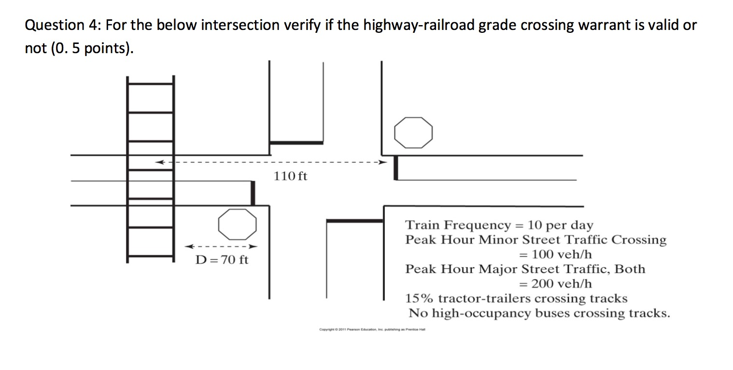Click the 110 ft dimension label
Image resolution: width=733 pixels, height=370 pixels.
pos(290,176)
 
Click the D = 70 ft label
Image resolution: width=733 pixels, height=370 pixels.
pos(222,260)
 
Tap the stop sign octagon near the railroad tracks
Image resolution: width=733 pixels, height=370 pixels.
pos(236,224)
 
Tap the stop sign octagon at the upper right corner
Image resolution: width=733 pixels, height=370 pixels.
pos(413,132)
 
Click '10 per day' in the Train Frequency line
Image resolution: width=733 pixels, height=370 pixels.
pos(561,225)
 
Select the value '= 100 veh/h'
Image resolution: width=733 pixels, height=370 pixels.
pos(555,254)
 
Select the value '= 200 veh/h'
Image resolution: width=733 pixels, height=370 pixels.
pos(555,284)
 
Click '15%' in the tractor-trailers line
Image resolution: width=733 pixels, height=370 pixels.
pos(420,299)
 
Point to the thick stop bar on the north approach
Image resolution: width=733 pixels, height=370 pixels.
pos(296,142)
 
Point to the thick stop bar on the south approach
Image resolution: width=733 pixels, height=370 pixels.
pos(355,221)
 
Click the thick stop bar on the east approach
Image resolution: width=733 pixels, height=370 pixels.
pos(396,168)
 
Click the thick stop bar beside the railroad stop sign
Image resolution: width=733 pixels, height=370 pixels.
pos(253,193)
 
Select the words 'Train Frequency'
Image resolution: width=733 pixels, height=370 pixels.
pos(457,225)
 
